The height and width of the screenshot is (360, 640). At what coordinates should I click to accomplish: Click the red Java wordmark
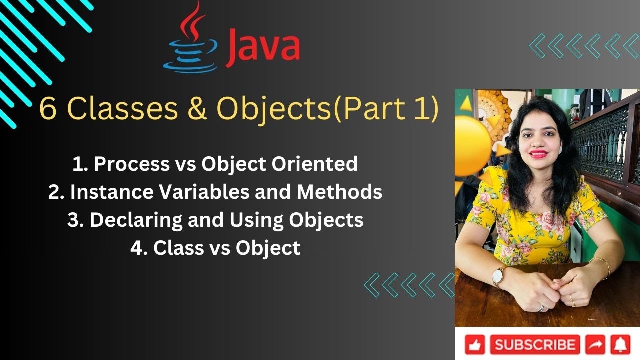[264, 47]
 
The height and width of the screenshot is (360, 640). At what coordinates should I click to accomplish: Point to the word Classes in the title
[121, 109]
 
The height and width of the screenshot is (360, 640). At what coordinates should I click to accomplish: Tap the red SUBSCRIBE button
[535, 344]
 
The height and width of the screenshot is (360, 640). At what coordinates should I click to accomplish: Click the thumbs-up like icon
[475, 345]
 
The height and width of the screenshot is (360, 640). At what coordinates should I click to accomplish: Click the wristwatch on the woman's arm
[499, 276]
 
